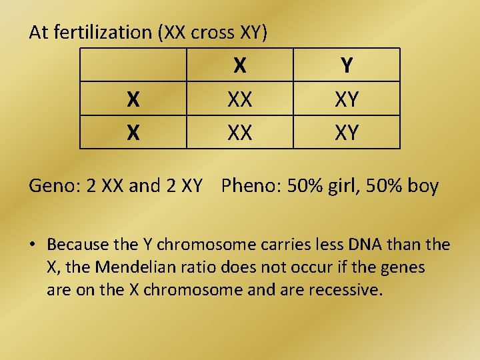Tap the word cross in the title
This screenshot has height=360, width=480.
[217, 32]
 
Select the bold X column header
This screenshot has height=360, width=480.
[240, 65]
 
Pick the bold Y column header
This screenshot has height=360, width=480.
[347, 65]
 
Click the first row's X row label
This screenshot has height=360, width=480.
[133, 99]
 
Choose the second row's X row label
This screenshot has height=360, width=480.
[133, 133]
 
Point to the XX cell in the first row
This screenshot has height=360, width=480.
[240, 99]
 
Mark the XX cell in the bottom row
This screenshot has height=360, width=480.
[240, 133]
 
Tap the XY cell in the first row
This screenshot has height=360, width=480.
[347, 99]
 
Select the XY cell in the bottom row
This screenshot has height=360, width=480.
[347, 133]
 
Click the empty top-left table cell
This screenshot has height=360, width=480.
[133, 65]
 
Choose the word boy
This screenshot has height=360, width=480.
[423, 185]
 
